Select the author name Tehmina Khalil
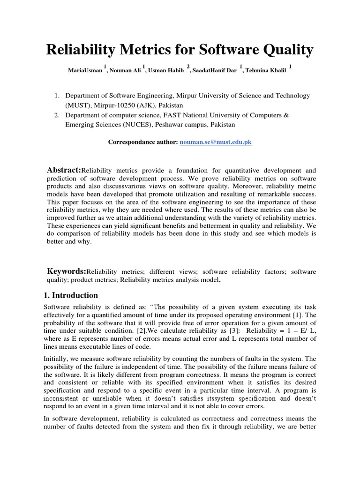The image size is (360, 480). tap(268, 70)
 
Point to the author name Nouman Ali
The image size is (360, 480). tap(125, 70)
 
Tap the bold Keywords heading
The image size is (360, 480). tap(67, 271)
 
